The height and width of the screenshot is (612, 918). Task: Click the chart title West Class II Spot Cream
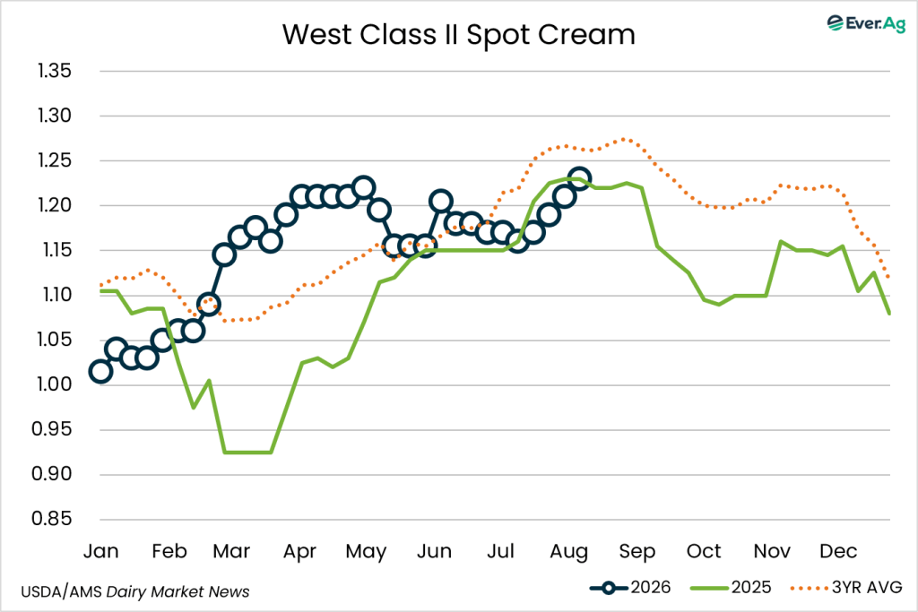click(x=458, y=35)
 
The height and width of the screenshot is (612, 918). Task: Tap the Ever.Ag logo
click(x=866, y=23)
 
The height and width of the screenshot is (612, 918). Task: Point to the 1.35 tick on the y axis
click(x=55, y=71)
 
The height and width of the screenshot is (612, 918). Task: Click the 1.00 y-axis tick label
click(x=55, y=384)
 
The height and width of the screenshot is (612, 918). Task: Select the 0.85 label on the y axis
click(x=52, y=519)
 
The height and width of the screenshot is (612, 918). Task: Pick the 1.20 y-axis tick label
click(x=55, y=205)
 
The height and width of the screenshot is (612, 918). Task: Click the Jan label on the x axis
click(x=100, y=551)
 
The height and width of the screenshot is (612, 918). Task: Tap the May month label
click(x=366, y=552)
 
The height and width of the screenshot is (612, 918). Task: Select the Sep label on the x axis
click(x=637, y=552)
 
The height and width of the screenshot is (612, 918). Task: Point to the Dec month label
click(x=838, y=551)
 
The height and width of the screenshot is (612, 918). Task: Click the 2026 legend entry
click(x=630, y=588)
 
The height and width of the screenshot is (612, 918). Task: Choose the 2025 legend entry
click(x=731, y=588)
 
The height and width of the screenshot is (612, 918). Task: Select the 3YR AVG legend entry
click(x=846, y=588)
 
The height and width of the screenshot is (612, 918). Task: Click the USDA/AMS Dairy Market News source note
click(x=135, y=592)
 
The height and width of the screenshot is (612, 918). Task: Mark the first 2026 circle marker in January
click(x=100, y=372)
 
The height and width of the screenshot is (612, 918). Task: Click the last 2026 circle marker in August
click(x=580, y=178)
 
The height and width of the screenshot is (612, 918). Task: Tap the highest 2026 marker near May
click(x=364, y=187)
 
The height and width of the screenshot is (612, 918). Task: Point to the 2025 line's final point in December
click(x=889, y=314)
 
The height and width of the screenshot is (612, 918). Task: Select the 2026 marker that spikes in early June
click(x=440, y=202)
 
